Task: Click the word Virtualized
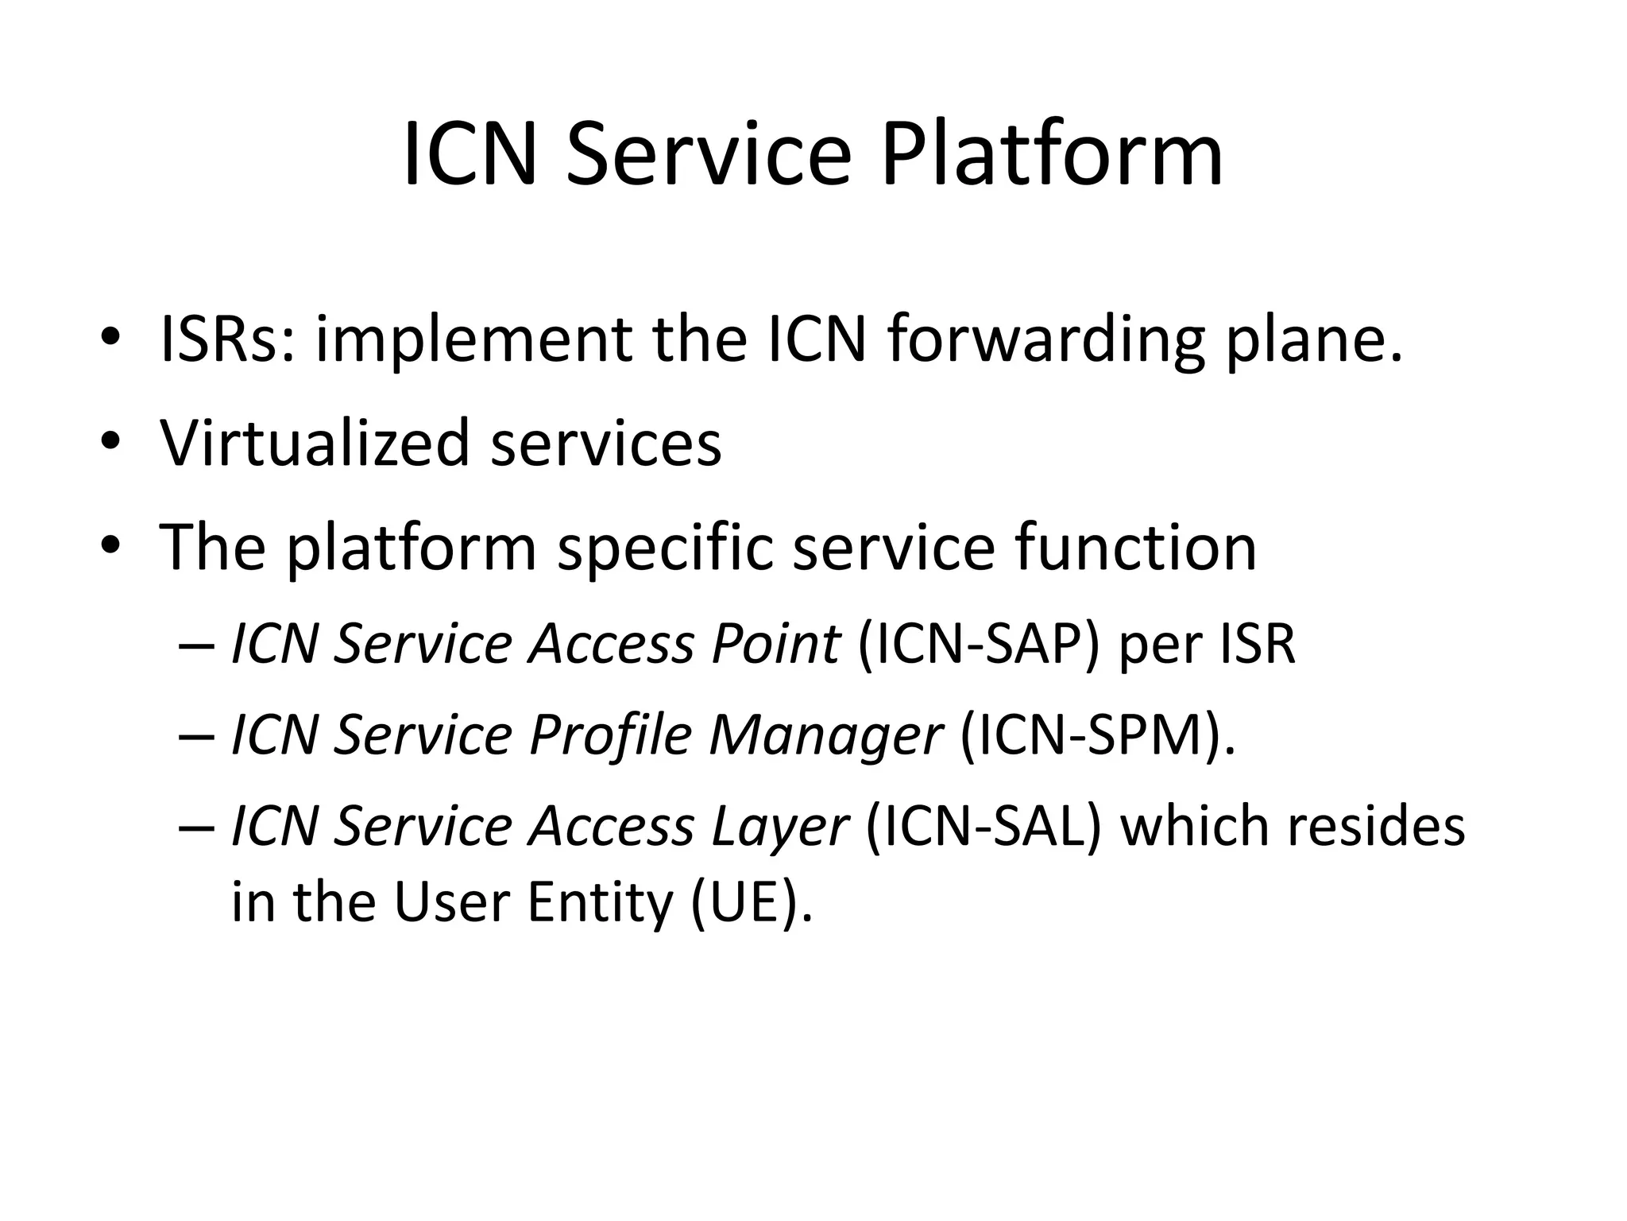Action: tap(315, 443)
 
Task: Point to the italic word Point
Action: tap(775, 643)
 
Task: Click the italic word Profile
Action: tap(610, 735)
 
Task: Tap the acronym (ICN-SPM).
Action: tap(1097, 735)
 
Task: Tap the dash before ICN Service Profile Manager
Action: tap(196, 736)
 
